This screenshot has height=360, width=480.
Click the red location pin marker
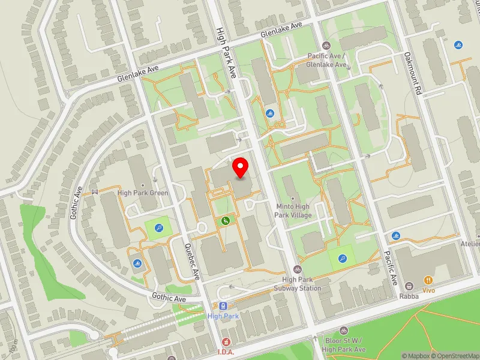coord(241,167)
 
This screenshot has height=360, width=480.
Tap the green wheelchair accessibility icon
coord(226,221)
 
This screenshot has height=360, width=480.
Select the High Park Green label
coord(143,193)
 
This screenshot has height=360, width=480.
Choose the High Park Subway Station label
coord(298,284)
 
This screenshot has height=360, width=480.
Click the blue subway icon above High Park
coord(223,305)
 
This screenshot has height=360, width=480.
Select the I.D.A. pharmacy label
coord(226,352)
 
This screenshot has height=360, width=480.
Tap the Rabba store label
coord(410,295)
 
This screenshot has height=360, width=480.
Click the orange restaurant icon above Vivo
coord(428,280)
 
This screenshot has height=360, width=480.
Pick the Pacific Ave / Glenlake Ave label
coord(326,60)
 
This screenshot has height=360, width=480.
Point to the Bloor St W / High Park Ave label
coord(343,345)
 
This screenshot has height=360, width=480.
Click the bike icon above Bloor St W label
coord(343,331)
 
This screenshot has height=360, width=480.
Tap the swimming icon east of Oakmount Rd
coord(458,46)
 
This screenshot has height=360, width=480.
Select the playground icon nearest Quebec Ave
coord(158,228)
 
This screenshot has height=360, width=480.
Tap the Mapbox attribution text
coord(417,356)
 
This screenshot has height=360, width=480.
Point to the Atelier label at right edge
coord(470,244)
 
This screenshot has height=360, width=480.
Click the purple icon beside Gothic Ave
coord(94,192)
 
